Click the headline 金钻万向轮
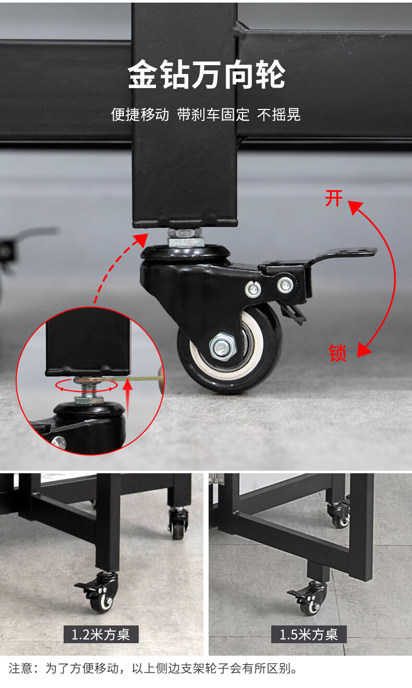click(x=207, y=75)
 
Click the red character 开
click(x=334, y=199)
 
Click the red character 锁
click(x=337, y=353)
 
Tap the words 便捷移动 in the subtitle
click(x=140, y=115)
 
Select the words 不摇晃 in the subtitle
click(x=278, y=115)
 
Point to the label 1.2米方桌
click(x=101, y=634)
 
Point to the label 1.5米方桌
click(x=309, y=634)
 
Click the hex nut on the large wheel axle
click(x=223, y=347)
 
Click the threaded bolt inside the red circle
click(x=88, y=389)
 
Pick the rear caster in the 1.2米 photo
click(x=178, y=522)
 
